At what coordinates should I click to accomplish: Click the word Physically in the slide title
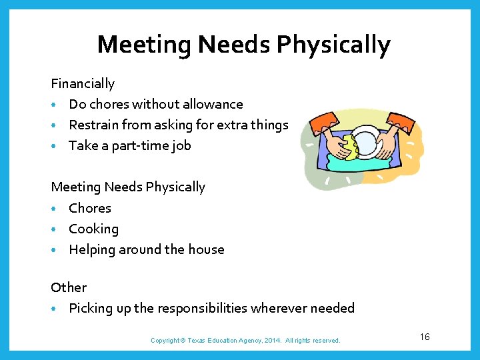click(x=333, y=45)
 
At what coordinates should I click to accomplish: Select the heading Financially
click(x=83, y=84)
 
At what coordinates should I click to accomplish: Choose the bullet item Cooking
click(x=93, y=229)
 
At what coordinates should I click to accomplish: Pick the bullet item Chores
click(x=90, y=209)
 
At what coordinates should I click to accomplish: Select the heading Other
click(x=69, y=287)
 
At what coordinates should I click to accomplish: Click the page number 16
click(x=425, y=337)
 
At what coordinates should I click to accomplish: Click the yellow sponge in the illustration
click(x=349, y=148)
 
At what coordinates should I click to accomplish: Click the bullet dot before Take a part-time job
click(x=53, y=146)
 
